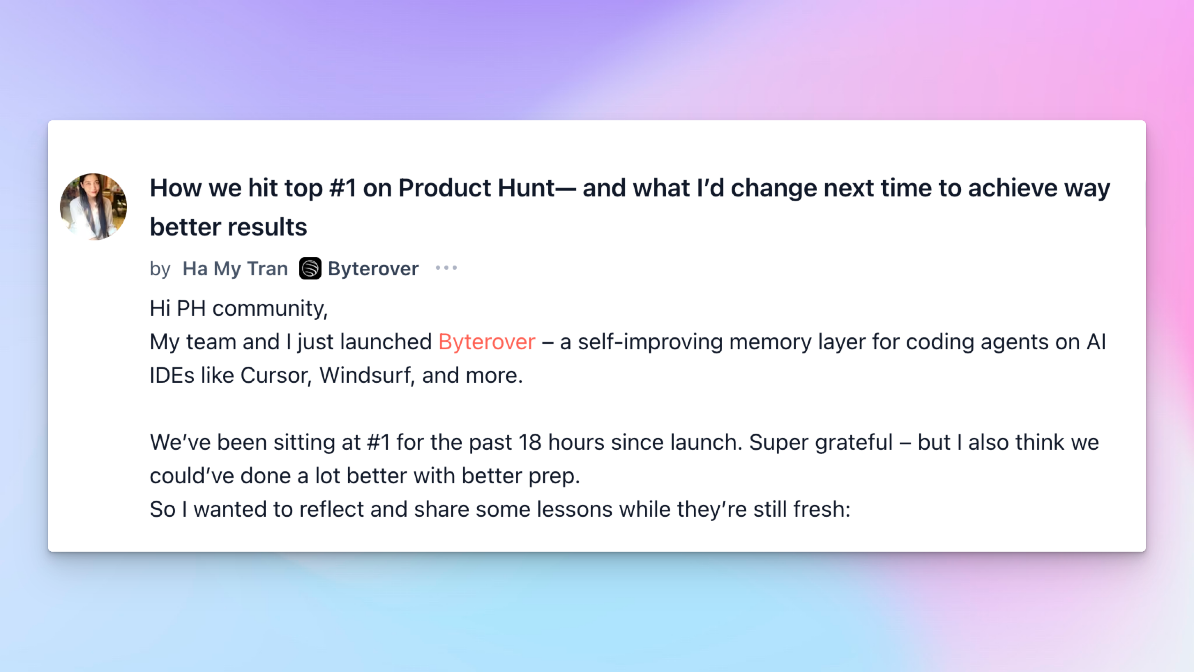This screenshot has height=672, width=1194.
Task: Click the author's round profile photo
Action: pyautogui.click(x=93, y=207)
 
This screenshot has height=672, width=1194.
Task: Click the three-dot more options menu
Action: pyautogui.click(x=446, y=268)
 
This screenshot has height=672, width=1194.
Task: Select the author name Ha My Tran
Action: pyautogui.click(x=235, y=269)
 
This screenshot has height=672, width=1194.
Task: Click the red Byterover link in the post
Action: pyautogui.click(x=487, y=342)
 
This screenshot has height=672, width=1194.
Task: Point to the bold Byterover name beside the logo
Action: pyautogui.click(x=373, y=269)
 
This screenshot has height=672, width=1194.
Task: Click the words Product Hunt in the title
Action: pyautogui.click(x=476, y=188)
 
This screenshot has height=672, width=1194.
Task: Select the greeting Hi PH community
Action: pyautogui.click(x=239, y=308)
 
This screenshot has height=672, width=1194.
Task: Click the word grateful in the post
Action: pyautogui.click(x=854, y=443)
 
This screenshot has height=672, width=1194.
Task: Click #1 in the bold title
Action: pyautogui.click(x=342, y=188)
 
